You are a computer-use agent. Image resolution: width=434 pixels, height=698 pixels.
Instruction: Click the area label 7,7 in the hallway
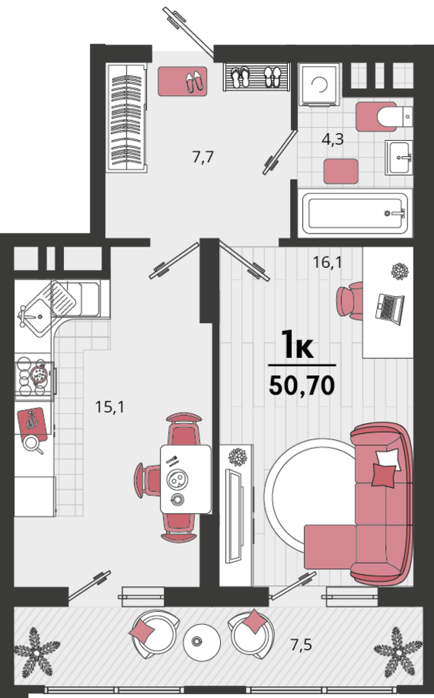[203, 157]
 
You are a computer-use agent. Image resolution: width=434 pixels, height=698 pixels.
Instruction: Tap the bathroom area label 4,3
[333, 140]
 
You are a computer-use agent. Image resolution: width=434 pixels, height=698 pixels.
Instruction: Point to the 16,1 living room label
[327, 263]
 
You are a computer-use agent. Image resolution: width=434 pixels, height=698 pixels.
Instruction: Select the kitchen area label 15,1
[110, 407]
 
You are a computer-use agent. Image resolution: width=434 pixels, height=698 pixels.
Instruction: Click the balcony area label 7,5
[302, 644]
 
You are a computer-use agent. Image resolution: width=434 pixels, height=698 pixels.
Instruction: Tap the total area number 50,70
[302, 385]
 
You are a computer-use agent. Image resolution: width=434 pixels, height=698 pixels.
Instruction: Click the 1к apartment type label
[298, 345]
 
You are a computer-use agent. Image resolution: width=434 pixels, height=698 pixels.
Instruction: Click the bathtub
[356, 213]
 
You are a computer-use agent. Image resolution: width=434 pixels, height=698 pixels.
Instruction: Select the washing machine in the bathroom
[319, 84]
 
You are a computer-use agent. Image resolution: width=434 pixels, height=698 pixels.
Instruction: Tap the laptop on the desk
[390, 308]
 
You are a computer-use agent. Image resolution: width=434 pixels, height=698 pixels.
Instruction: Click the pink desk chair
[350, 301]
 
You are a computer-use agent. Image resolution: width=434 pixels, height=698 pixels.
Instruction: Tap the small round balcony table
[202, 642]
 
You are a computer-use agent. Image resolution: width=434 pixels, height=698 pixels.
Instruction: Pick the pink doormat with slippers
[183, 81]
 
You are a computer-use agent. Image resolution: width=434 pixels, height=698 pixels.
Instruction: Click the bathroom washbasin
[399, 157]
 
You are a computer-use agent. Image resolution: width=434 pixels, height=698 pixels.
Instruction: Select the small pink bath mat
[341, 171]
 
